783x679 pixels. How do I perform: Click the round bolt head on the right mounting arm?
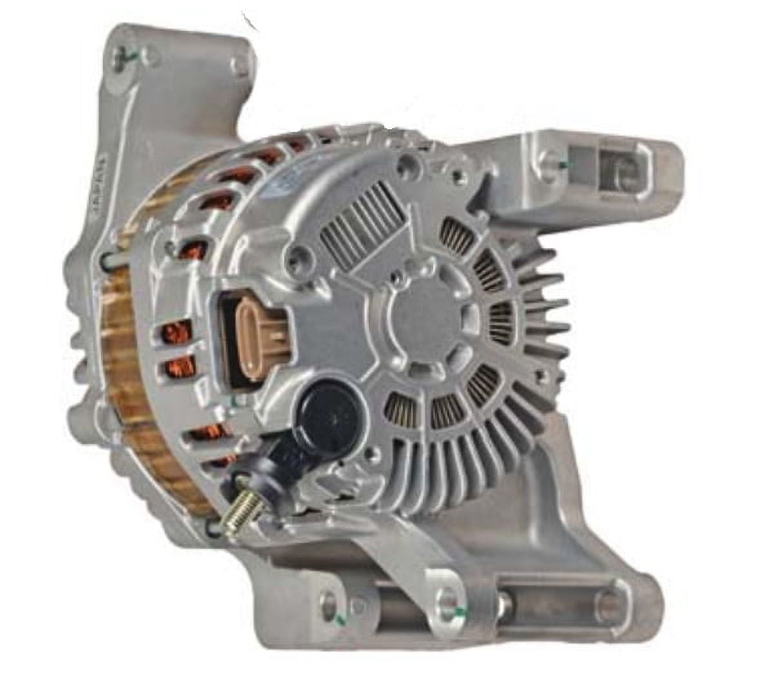(x=550, y=160)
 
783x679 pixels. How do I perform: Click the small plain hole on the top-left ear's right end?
(x=242, y=65)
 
